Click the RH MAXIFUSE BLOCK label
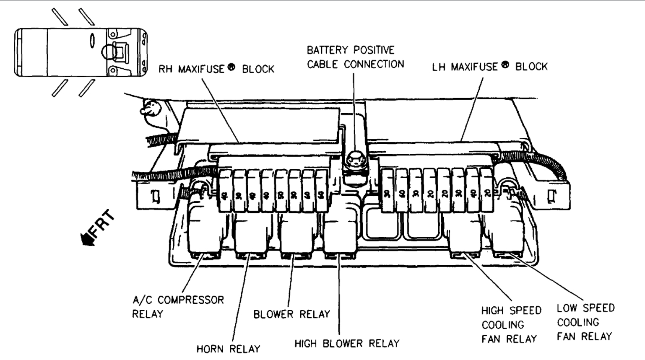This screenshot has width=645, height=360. (x=216, y=69)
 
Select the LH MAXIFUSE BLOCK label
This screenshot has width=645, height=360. (x=490, y=66)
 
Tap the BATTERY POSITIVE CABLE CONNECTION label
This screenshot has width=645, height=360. (x=355, y=57)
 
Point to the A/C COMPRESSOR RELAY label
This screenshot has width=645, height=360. (x=178, y=307)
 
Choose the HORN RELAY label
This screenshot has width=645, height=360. (x=229, y=349)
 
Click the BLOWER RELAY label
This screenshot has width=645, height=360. (x=292, y=314)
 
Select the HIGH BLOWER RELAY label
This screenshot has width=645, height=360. (x=347, y=344)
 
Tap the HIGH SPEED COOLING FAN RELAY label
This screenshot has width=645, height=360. (x=511, y=325)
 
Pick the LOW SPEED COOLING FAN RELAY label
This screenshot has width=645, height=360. (x=585, y=322)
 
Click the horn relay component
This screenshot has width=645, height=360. (x=250, y=235)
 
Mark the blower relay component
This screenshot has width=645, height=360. (x=296, y=235)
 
